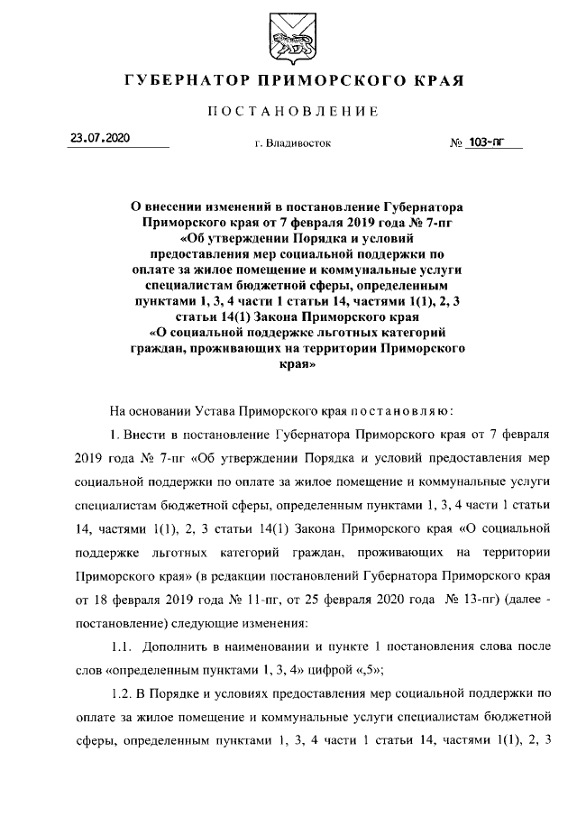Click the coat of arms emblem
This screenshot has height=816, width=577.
coord(288,37)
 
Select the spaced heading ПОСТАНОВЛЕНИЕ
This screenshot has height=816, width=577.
coord(288,112)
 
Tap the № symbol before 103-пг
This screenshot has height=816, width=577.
coord(456,142)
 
